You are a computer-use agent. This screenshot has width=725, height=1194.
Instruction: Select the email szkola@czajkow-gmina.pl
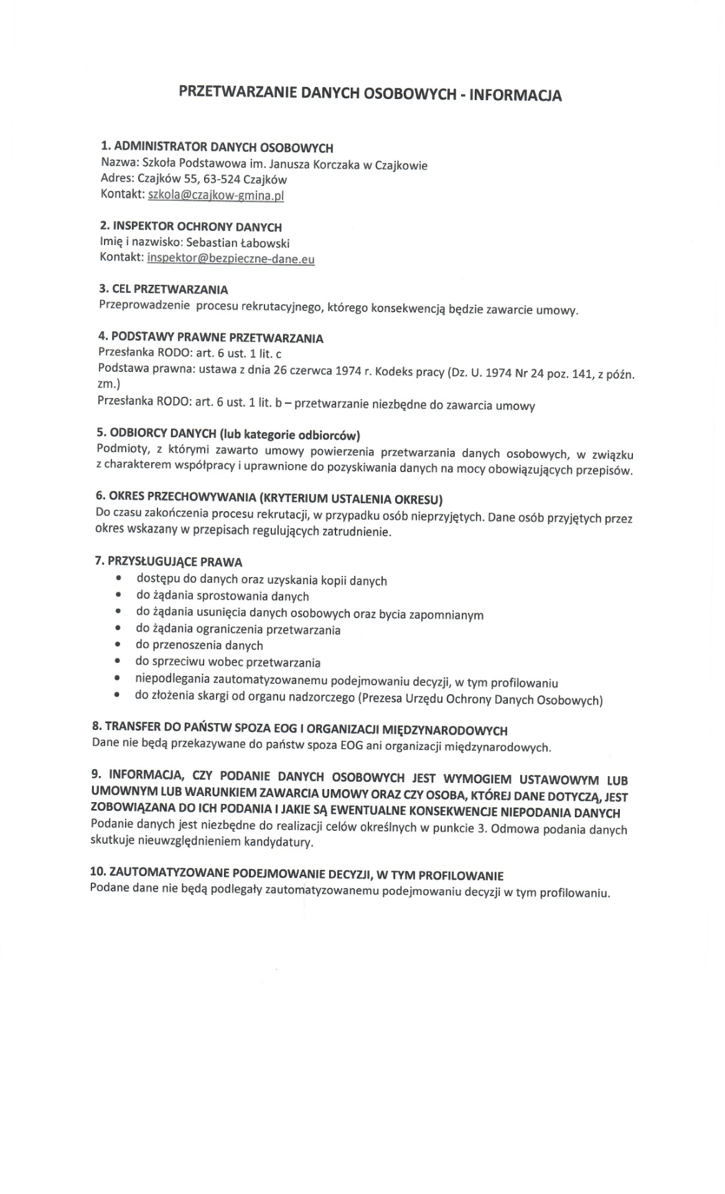216,195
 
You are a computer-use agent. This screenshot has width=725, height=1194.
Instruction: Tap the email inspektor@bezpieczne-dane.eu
230,259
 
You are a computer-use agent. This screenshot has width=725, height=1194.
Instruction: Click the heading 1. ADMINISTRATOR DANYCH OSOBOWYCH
217,148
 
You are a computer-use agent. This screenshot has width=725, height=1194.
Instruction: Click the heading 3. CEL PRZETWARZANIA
164,290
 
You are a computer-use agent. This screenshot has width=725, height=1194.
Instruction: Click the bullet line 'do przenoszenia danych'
199,646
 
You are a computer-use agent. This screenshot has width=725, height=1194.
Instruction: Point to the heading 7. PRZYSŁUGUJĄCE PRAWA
168,562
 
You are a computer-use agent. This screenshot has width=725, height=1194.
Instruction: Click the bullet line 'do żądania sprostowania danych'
222,596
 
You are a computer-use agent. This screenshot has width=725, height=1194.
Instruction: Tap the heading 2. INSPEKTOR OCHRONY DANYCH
191,227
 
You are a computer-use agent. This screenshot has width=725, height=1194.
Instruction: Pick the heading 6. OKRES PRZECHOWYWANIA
269,497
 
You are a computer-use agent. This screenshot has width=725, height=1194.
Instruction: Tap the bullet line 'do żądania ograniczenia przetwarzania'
238,629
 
